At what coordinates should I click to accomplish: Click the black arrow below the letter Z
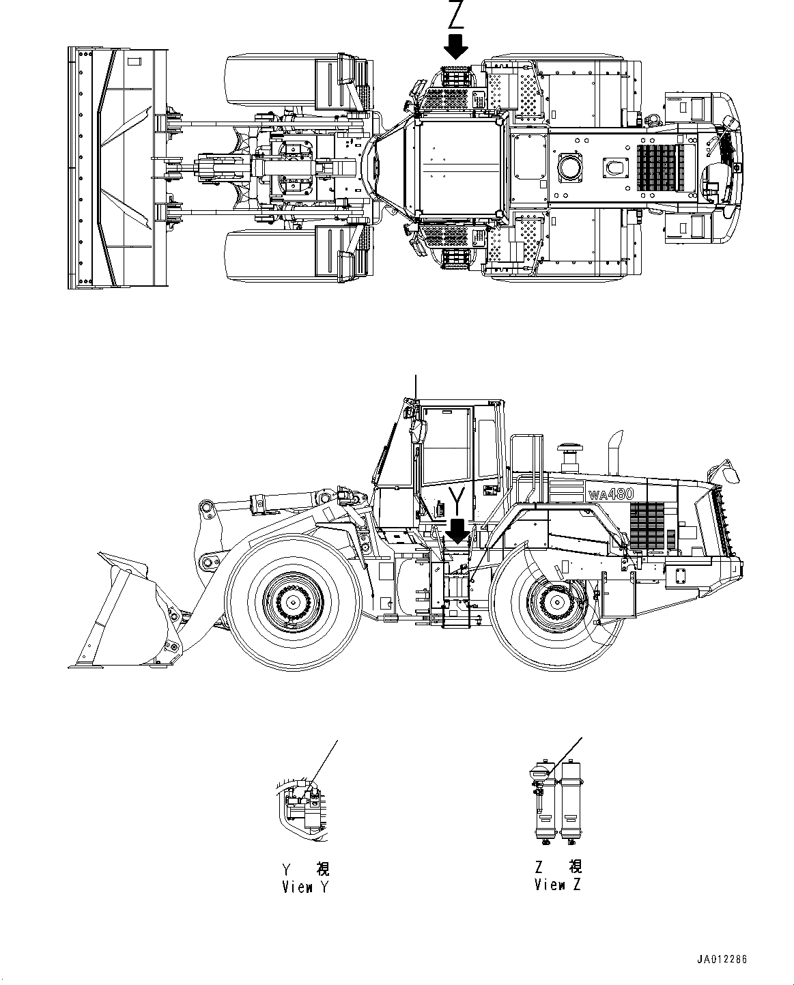coord(455,47)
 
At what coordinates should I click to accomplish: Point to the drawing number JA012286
coord(721,959)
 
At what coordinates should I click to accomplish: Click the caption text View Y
coord(306,887)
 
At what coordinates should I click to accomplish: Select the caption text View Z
coord(558,885)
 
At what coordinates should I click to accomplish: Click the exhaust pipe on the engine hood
coord(614,451)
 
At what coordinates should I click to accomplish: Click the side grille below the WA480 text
coord(646,526)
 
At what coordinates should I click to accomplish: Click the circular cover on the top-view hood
coord(568,166)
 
